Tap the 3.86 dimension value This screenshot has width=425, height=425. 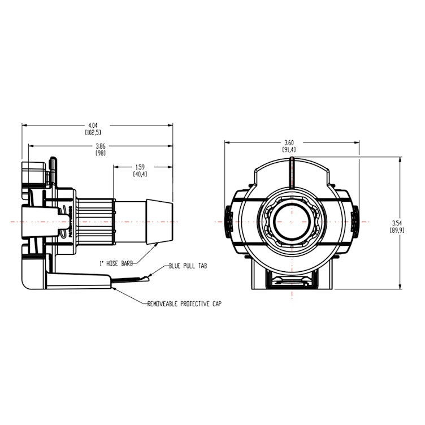pos(101,146)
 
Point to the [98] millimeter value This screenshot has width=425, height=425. pos(101,153)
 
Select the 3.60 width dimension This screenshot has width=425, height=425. pos(289,142)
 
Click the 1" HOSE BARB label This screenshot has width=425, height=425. pos(115,264)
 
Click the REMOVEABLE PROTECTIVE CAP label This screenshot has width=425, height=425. pos(184,303)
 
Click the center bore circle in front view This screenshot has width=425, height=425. pos(290,222)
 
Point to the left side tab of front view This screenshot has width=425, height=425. pos(228,222)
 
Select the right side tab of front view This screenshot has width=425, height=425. pos(354,222)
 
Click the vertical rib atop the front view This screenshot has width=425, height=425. pos(291,172)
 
